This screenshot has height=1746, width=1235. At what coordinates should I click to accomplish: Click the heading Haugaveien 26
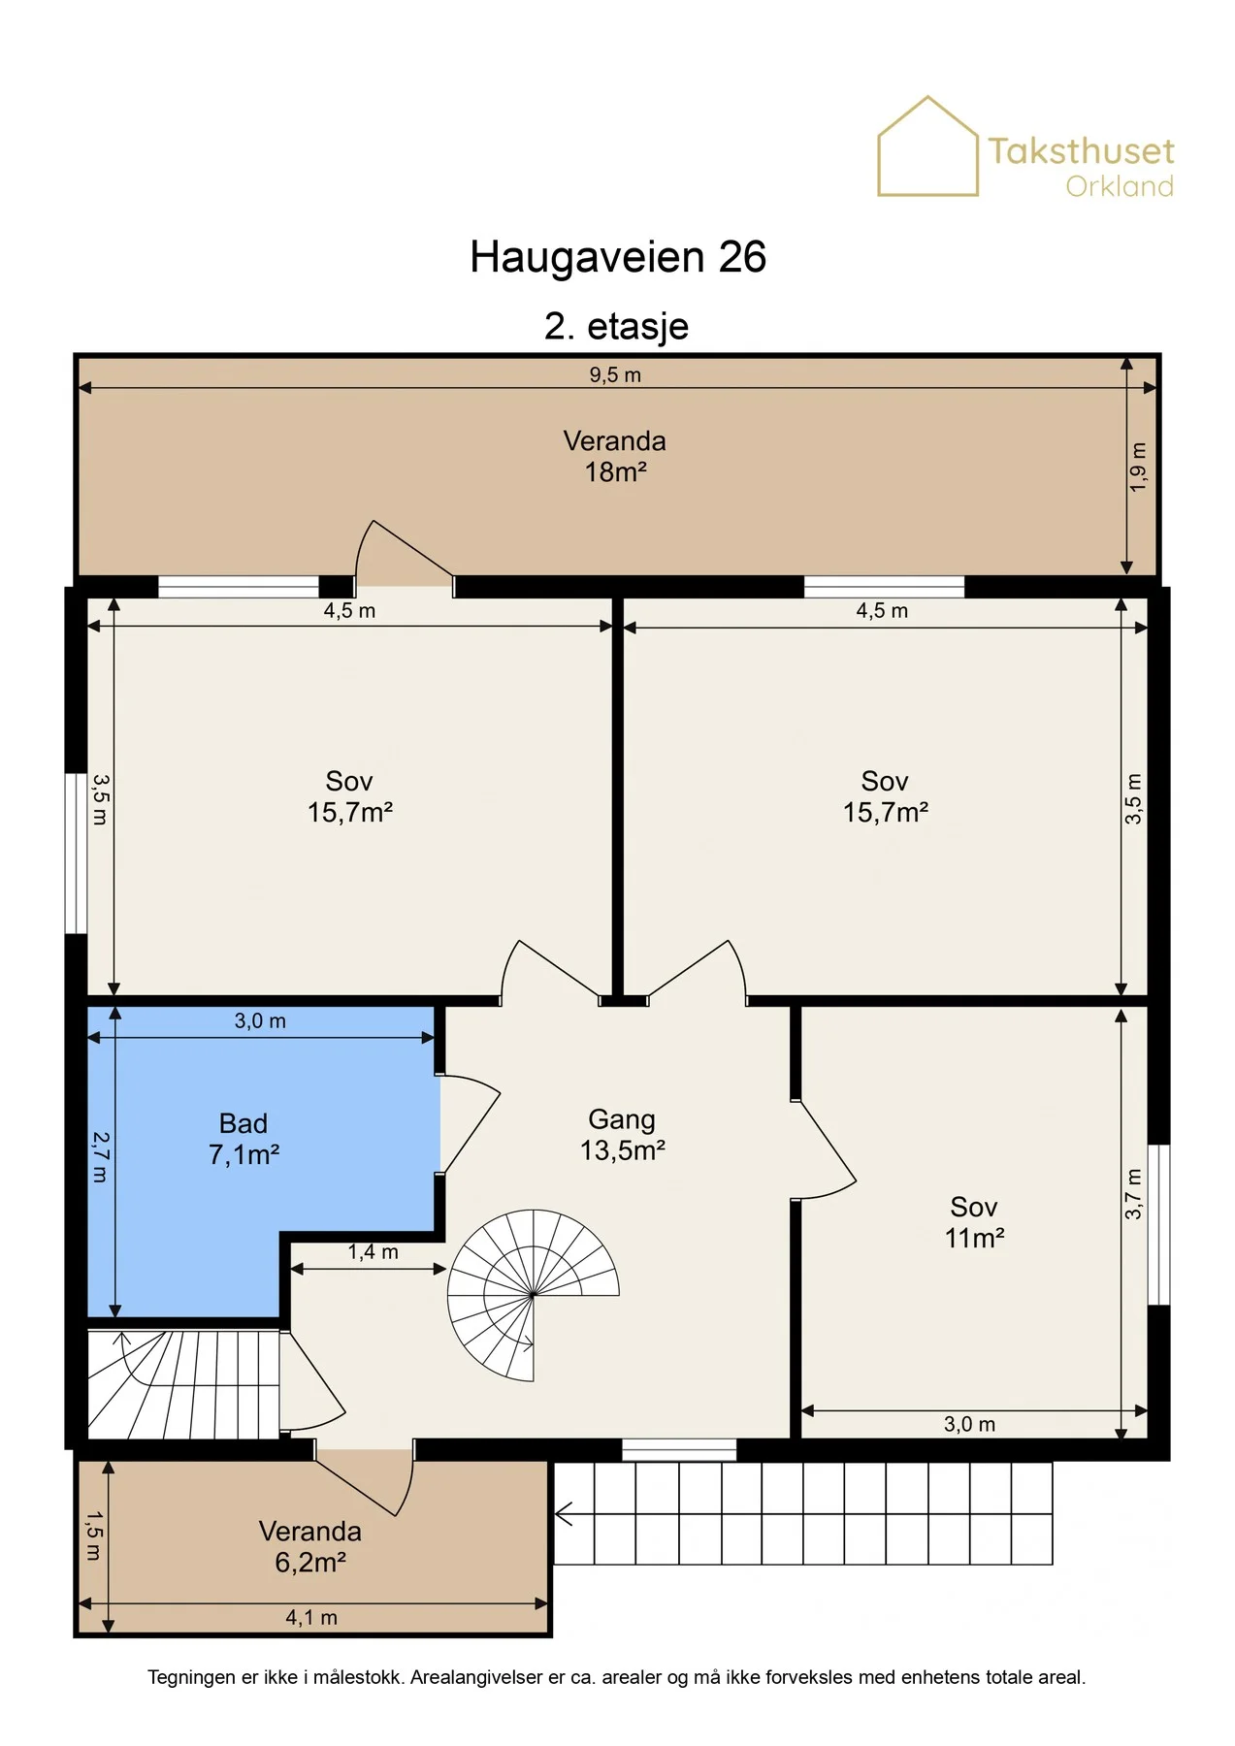coord(618,257)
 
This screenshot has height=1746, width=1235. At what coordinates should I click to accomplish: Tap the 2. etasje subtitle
coord(616,326)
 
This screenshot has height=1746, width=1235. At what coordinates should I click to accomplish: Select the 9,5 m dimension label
coord(615,374)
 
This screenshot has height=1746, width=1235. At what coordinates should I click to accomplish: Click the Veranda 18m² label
coord(615,456)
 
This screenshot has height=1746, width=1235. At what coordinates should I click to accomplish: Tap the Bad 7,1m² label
coord(244,1139)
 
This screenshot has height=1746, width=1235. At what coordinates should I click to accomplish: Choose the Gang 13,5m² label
coord(622,1135)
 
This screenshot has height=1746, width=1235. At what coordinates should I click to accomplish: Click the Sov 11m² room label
coord(974,1222)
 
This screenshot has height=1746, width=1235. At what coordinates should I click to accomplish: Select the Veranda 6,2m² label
coord(310,1546)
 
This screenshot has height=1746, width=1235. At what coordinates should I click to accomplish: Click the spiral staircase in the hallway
coord(534,1295)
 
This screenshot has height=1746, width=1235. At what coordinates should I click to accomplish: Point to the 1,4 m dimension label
coord(374,1252)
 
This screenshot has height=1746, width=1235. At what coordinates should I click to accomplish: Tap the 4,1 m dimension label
coord(311,1617)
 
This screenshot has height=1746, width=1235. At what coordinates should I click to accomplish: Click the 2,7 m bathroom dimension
coord(100,1156)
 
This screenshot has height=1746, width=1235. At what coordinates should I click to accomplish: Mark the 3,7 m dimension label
coord(1133,1194)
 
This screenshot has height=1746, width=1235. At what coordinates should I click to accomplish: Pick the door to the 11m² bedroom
coord(825,1149)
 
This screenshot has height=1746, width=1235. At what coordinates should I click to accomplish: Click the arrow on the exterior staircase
coord(564,1513)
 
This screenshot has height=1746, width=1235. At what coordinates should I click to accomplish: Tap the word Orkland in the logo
coord(1120,185)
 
